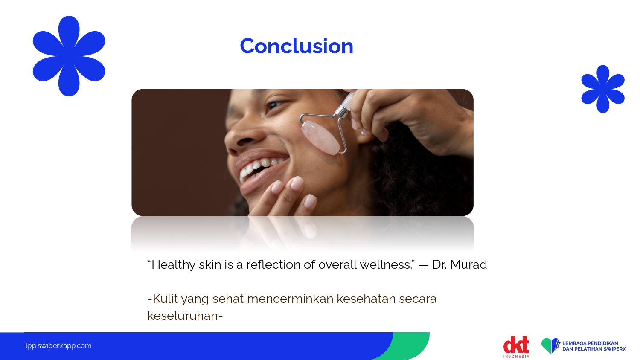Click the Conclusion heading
tap(297, 46)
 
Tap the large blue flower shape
tap(69, 56)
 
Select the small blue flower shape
tap(603, 89)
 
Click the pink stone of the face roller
tap(320, 138)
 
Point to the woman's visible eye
tap(275, 105)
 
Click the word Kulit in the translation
tap(165, 299)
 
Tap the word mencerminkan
tap(290, 299)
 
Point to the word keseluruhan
tap(183, 316)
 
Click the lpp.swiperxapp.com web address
tap(58, 346)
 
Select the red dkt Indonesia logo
tap(516, 347)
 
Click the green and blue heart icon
tap(550, 346)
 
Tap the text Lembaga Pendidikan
tap(590, 343)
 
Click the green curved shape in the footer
tap(411, 346)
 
